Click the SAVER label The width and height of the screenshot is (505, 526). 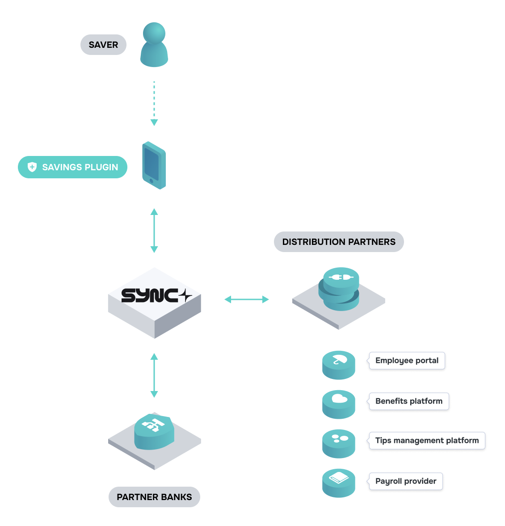coord(103,45)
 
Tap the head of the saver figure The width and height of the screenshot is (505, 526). coord(154,34)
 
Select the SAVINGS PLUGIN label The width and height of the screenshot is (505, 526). coord(80,167)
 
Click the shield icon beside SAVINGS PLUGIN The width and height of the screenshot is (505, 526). coord(32,167)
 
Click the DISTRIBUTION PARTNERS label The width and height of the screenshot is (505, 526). coord(339,242)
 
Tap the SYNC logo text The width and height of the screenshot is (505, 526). coord(150,296)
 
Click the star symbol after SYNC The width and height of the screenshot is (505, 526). coord(185,296)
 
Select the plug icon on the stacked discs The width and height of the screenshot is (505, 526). coord(341,278)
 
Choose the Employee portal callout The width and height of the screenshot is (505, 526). coord(407,361)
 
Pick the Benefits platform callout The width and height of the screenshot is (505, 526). coord(408,401)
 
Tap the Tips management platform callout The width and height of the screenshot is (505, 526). coord(427,441)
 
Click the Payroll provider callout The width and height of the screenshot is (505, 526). coord(405,481)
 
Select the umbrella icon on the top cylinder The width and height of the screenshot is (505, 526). coord(340,359)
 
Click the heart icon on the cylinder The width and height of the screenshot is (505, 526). coord(340,399)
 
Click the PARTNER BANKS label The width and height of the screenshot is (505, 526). coord(154,497)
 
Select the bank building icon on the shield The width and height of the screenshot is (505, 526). coord(153,425)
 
